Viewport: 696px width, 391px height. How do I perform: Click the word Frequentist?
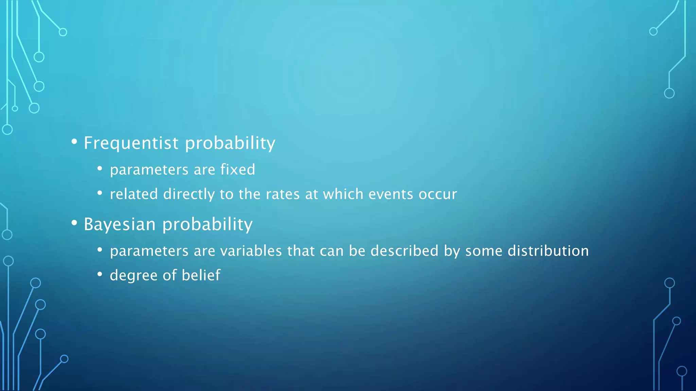pyautogui.click(x=131, y=143)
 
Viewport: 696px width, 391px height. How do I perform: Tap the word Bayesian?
pyautogui.click(x=120, y=224)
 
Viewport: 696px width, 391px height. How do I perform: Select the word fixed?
pyautogui.click(x=238, y=169)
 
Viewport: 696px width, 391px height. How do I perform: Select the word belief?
pyautogui.click(x=201, y=275)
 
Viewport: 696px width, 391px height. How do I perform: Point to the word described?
pyautogui.click(x=404, y=251)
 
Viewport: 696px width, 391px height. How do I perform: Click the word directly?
pyautogui.click(x=189, y=194)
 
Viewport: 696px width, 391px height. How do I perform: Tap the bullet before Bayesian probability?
pyautogui.click(x=74, y=223)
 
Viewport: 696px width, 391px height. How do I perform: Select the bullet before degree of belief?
pyautogui.click(x=100, y=274)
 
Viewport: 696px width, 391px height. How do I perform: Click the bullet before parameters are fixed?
pyautogui.click(x=100, y=168)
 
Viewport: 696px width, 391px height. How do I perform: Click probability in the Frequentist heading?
pyautogui.click(x=230, y=143)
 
